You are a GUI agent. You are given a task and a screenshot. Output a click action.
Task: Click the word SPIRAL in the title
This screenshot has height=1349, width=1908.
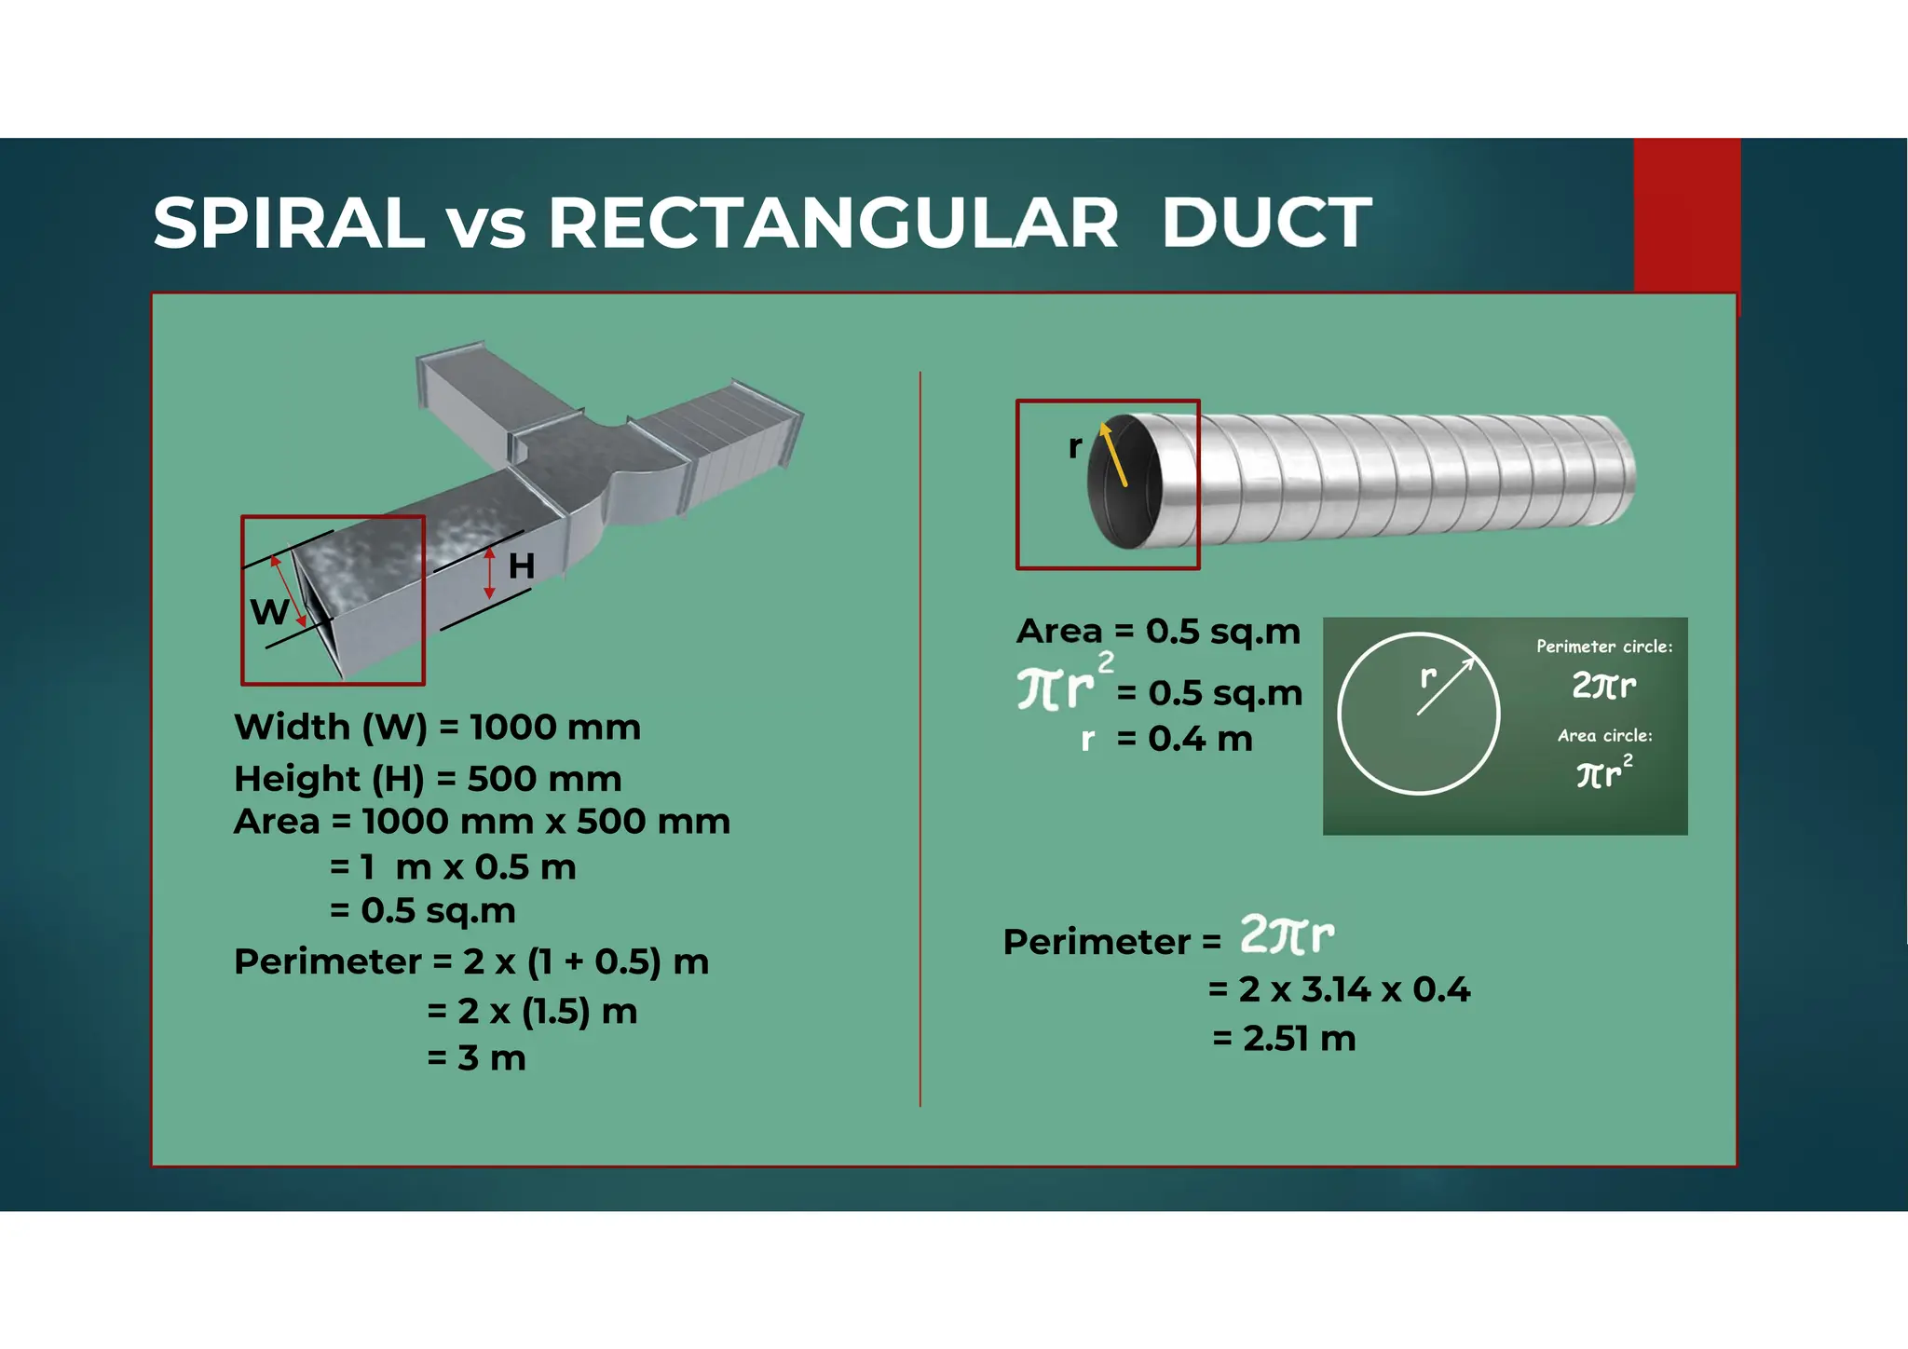coord(289,224)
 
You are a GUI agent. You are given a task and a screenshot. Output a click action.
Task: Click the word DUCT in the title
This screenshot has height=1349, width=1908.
coord(1266,224)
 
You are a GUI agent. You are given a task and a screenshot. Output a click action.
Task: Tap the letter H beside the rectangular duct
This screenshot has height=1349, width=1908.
coord(522,566)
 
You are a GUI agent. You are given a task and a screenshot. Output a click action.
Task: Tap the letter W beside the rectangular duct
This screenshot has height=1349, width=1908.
coord(268,613)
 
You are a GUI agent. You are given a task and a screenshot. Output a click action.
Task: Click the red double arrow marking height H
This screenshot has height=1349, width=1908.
coord(490,573)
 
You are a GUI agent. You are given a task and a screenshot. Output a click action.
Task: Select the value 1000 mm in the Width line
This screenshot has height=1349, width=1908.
coord(555,728)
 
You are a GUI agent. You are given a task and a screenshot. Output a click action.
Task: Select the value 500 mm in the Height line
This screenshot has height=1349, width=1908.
coord(544,779)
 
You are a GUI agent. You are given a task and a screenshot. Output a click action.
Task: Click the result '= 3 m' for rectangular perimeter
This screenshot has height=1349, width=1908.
coord(476,1058)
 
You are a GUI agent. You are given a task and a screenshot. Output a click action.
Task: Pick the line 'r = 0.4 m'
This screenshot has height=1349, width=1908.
coord(1166,740)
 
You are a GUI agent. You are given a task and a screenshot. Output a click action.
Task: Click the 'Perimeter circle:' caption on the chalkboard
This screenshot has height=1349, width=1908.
coord(1603,647)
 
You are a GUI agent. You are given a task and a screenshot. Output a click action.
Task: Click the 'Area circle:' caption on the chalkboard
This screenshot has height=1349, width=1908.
coord(1604,736)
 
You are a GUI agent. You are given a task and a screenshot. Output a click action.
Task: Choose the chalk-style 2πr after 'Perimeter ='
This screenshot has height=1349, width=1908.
coord(1287,934)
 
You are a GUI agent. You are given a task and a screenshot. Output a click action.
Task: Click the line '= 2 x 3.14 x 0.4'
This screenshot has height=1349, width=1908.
coord(1339,989)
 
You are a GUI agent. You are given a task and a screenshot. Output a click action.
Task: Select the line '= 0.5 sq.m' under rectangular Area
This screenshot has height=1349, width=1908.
coord(423,911)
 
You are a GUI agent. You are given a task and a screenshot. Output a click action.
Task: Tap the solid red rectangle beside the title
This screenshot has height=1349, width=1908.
coord(1686,214)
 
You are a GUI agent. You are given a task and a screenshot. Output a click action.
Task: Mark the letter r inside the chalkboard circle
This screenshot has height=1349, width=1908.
coord(1428,677)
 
